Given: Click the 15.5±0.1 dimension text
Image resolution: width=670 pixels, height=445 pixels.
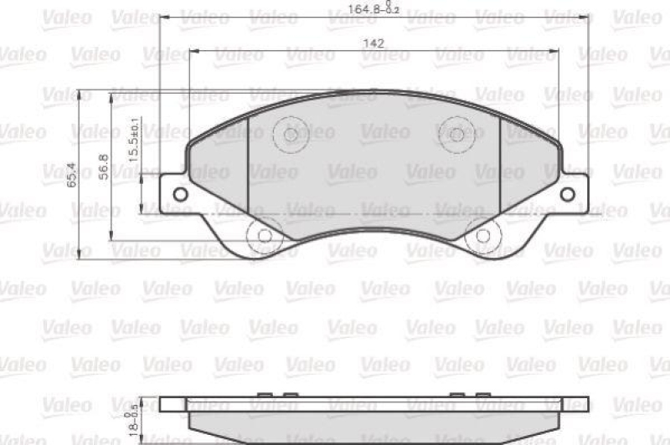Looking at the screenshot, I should pos(133,145).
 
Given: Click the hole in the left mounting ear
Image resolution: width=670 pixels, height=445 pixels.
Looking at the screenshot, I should pos(178,194).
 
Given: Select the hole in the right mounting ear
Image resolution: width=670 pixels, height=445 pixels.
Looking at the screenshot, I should pos(567,194).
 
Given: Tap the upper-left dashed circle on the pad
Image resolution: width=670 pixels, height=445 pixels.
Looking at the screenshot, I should pos(291,134).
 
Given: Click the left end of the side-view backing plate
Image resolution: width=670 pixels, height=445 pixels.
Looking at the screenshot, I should pos(164,405).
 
